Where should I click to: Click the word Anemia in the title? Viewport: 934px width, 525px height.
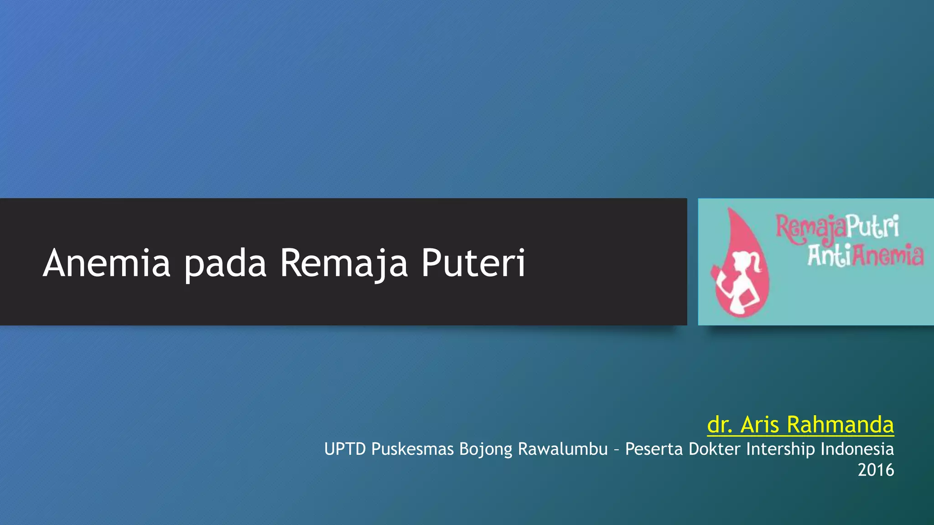tap(107, 263)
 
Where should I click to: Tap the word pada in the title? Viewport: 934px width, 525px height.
tap(225, 263)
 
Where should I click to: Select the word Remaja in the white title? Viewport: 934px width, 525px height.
tap(344, 263)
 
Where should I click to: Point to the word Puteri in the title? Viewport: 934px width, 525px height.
tap(473, 263)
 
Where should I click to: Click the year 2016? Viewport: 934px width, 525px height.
tap(876, 470)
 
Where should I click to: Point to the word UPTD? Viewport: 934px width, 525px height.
tap(345, 449)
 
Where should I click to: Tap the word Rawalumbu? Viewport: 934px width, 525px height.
tap(563, 449)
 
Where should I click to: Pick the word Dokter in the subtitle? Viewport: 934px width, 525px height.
tap(715, 449)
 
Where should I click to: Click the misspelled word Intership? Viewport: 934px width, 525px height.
tap(781, 449)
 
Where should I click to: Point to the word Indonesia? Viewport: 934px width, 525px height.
tap(857, 449)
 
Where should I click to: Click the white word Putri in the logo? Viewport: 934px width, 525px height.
tap(873, 227)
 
